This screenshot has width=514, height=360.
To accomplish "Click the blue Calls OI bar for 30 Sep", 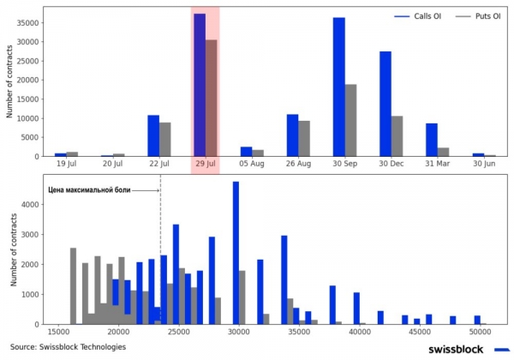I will point(338,87).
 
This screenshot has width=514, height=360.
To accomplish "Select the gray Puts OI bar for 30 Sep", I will point(350,120).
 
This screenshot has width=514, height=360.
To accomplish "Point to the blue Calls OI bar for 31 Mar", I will point(431,140).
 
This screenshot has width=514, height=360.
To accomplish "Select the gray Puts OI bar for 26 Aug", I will point(304,138).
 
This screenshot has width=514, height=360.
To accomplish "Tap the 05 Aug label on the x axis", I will point(252,164).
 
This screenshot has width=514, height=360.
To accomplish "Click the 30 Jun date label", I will point(484,164).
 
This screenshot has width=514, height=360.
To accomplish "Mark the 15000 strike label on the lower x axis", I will point(58,332).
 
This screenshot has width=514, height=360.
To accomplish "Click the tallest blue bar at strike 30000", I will point(236,253).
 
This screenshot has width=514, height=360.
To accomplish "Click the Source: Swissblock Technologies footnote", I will point(69,347).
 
